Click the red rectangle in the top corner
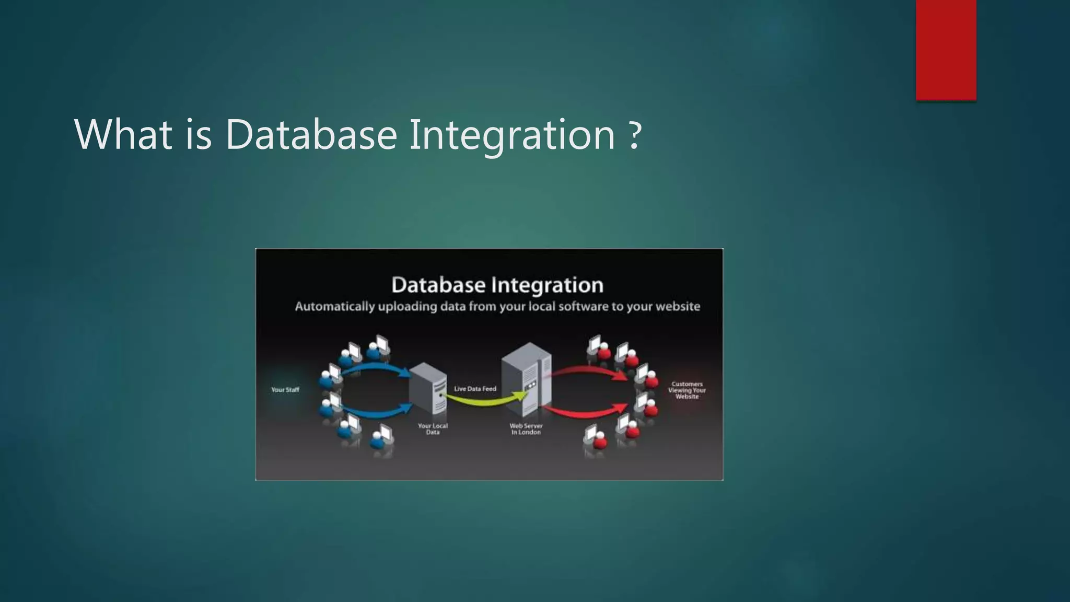(946, 50)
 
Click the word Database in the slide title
(311, 135)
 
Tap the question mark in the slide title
(634, 135)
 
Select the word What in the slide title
(123, 135)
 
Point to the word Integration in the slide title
(512, 135)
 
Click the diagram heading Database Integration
(497, 285)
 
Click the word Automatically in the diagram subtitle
(334, 307)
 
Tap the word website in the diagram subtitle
(678, 307)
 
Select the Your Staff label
(285, 390)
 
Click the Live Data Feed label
(475, 389)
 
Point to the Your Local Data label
(433, 429)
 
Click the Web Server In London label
(526, 429)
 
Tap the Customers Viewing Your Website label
(687, 390)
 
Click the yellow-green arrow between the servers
(486, 401)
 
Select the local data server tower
(428, 389)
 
